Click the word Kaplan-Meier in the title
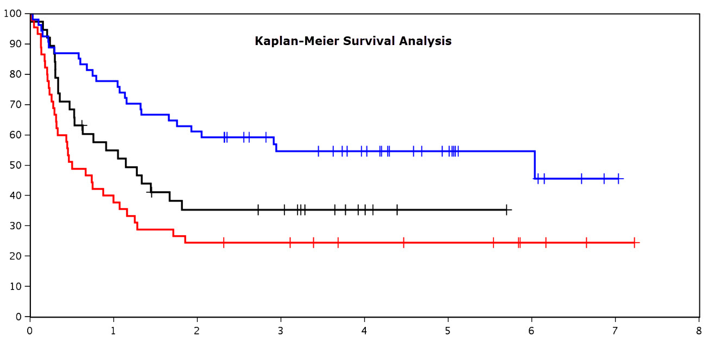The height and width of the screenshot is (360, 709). (x=297, y=41)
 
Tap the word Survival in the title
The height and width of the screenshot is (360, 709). (x=369, y=41)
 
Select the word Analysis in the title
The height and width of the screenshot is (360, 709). (x=425, y=41)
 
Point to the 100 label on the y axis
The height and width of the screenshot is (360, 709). (x=12, y=14)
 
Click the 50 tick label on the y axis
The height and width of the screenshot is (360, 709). (x=16, y=165)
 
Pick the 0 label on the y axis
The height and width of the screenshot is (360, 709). (x=18, y=317)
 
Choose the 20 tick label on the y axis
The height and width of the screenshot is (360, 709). (x=16, y=256)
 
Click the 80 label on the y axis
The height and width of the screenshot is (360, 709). (x=16, y=74)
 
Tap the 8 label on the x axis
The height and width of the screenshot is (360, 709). (x=699, y=331)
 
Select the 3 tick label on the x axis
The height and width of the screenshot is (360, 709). (x=281, y=331)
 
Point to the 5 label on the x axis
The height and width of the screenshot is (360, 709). (x=447, y=331)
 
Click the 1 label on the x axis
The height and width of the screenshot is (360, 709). (x=113, y=331)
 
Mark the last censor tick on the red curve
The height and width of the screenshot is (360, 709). (x=634, y=243)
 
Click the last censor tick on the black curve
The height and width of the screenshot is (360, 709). (x=507, y=210)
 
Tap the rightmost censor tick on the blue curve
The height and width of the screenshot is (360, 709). (x=618, y=179)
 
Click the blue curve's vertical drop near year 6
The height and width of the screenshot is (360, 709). (x=535, y=165)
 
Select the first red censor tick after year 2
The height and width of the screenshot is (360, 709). (x=224, y=243)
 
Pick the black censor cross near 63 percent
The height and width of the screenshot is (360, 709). (x=83, y=125)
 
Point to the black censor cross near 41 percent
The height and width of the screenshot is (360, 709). (x=151, y=192)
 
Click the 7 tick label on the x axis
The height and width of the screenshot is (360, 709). (x=615, y=331)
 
